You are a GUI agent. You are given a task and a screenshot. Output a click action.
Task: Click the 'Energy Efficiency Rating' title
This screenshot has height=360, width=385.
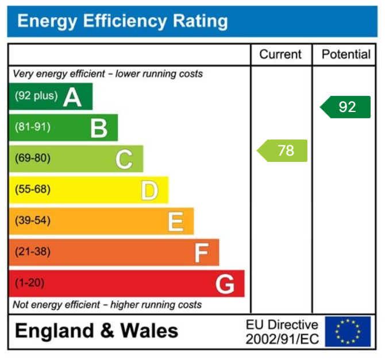pyautogui.click(x=122, y=22)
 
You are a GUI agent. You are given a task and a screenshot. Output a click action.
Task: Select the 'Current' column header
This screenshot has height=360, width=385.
pyautogui.click(x=280, y=55)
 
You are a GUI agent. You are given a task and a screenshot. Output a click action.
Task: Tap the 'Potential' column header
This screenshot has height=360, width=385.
pyautogui.click(x=346, y=55)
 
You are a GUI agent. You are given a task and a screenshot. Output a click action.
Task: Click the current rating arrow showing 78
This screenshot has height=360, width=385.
pyautogui.click(x=283, y=150)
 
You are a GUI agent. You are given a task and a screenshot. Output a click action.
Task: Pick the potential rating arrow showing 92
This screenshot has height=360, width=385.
pyautogui.click(x=346, y=107)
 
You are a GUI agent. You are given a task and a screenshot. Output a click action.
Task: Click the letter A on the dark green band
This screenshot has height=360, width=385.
pyautogui.click(x=72, y=97)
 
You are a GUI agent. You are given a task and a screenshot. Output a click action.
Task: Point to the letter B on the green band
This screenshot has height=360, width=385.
pyautogui.click(x=99, y=128)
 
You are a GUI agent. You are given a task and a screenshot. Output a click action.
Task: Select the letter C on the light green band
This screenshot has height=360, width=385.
pyautogui.click(x=124, y=159)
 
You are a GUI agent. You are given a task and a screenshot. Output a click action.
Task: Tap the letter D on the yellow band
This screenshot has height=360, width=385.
pyautogui.click(x=149, y=190)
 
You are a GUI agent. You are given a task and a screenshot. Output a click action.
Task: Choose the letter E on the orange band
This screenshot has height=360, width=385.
pyautogui.click(x=175, y=221)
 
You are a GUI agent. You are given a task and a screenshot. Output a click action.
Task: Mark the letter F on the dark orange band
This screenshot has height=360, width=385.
pyautogui.click(x=201, y=252)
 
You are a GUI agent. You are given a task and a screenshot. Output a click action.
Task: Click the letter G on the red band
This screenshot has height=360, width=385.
pyautogui.click(x=225, y=284)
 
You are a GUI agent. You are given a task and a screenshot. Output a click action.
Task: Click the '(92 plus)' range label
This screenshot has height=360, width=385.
pyautogui.click(x=36, y=96)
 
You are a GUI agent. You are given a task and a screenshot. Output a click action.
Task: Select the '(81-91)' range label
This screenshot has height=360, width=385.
pyautogui.click(x=32, y=127)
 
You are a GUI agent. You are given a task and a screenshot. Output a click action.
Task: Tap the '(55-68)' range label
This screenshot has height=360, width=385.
pyautogui.click(x=32, y=189)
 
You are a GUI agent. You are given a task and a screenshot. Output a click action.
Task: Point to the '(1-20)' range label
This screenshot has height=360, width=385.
pyautogui.click(x=30, y=283)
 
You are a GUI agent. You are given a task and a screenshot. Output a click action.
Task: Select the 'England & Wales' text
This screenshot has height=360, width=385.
pyautogui.click(x=97, y=331)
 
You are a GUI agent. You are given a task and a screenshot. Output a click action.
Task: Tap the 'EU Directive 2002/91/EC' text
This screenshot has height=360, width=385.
pyautogui.click(x=282, y=332)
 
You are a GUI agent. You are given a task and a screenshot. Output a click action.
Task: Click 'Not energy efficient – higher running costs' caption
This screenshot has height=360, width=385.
pyautogui.click(x=107, y=304)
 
